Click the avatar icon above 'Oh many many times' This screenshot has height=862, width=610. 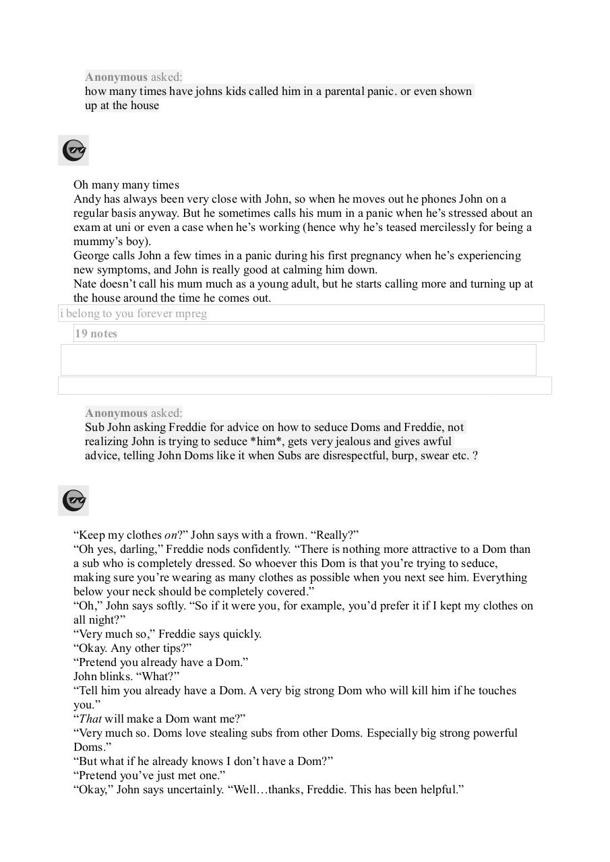click(73, 150)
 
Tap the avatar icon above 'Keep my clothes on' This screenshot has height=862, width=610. click(73, 500)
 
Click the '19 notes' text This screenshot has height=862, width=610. click(96, 333)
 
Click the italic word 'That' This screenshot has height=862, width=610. click(90, 719)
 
